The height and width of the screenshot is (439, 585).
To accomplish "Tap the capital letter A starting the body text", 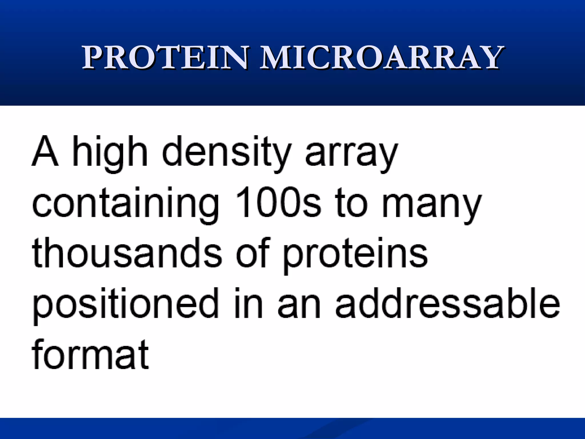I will pyautogui.click(x=45, y=151).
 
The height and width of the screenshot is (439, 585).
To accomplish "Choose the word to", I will pyautogui.click(x=351, y=203).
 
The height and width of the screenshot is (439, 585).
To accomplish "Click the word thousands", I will pyautogui.click(x=127, y=253).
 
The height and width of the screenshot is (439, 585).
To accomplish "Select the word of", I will pyautogui.click(x=253, y=253).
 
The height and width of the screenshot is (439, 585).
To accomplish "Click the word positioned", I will pyautogui.click(x=126, y=304).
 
